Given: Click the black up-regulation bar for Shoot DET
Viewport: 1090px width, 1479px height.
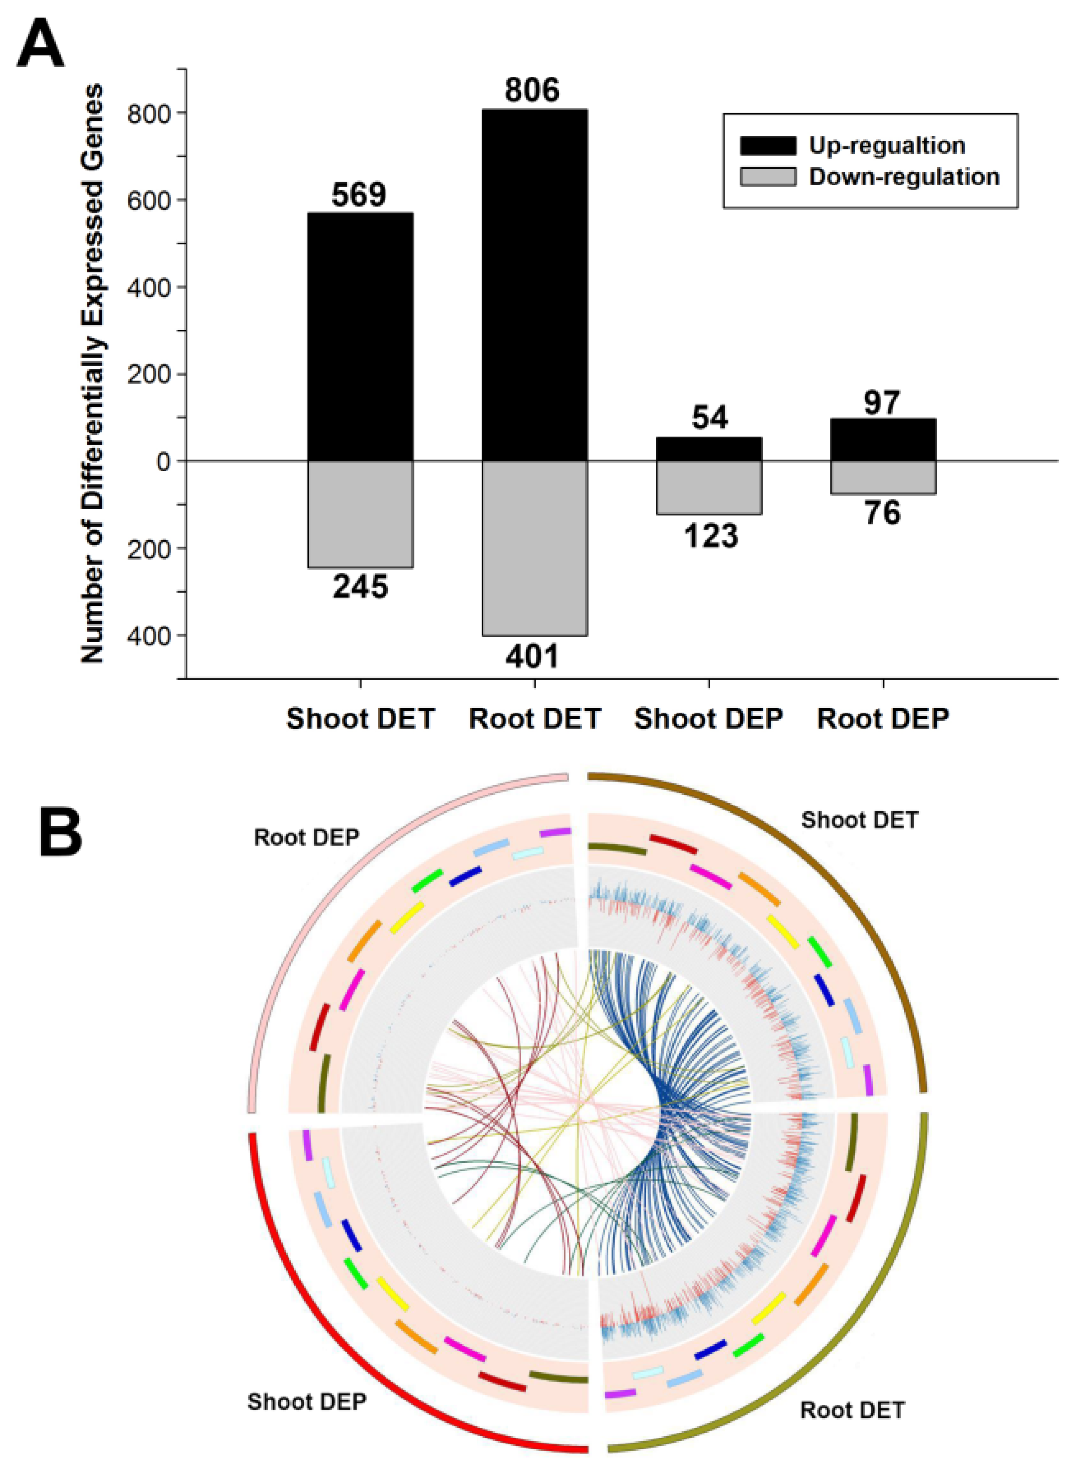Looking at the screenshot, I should pos(360,336).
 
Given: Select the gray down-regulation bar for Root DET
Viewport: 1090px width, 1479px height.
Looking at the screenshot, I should pos(534,548).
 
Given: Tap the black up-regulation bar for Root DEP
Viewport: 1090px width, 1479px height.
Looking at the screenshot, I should pos(883,439).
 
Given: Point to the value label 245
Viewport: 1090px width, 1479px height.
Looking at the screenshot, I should pos(360,586).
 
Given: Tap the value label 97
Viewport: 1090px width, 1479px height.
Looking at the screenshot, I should pos(882,402).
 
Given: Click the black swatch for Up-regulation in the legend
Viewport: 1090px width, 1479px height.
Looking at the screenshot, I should pos(767,145).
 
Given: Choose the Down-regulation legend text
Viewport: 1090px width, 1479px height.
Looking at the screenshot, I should pos(904,177).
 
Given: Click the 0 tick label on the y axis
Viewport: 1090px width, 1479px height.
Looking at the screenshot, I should pos(163,462).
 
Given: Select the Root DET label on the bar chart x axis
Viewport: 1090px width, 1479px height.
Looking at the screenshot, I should pos(534,718).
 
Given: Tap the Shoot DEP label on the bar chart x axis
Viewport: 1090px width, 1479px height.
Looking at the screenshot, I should pos(709,718).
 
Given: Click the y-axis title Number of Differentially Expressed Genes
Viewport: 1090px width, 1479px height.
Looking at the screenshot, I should pos(93,373).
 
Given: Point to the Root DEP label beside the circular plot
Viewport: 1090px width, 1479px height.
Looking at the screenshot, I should pos(306,837).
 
